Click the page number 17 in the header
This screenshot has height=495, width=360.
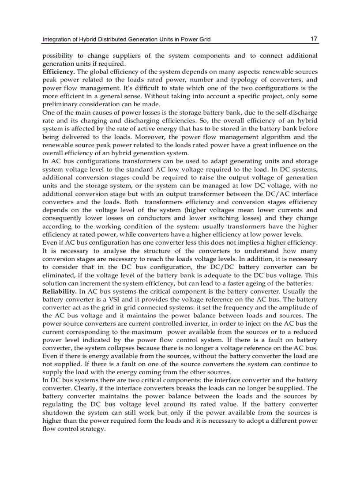point(314,39)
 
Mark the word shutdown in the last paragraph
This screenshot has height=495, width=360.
point(57,413)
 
